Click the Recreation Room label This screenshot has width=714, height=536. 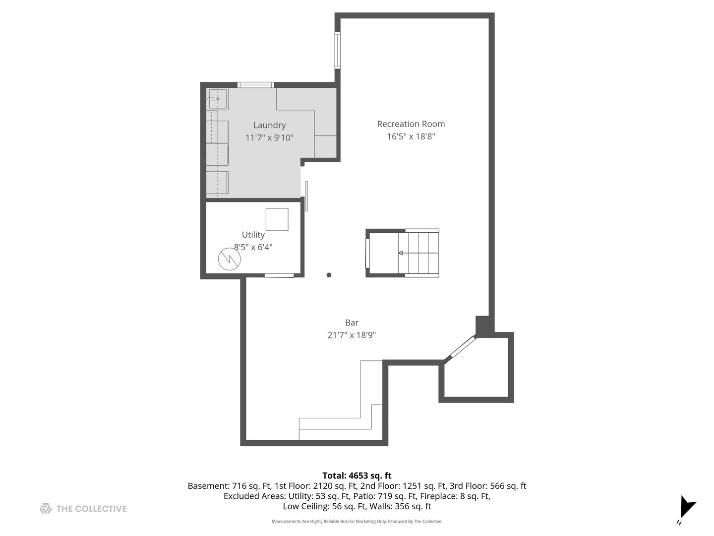click(411, 124)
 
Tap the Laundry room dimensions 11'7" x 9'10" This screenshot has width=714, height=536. click(269, 137)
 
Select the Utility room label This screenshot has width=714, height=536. click(253, 235)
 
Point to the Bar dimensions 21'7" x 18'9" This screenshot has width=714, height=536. click(352, 335)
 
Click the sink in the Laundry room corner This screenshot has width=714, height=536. click(217, 99)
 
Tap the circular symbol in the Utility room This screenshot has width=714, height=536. click(230, 259)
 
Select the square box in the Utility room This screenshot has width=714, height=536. click(277, 219)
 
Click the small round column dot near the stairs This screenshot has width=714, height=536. click(329, 275)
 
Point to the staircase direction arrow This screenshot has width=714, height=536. click(401, 253)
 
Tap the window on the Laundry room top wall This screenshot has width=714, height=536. click(256, 85)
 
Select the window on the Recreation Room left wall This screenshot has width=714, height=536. click(338, 50)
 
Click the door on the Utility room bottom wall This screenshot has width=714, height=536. click(279, 275)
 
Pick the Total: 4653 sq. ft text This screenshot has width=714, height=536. click(357, 475)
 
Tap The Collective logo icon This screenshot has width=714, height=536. click(46, 508)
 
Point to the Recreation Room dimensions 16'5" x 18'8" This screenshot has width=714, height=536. click(411, 136)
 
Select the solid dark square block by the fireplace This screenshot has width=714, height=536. click(482, 325)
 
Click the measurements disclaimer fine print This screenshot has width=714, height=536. click(357, 521)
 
